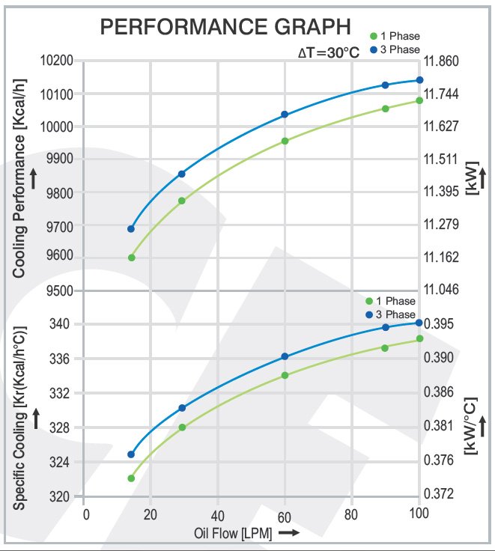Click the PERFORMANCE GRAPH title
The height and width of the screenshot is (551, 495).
(225, 28)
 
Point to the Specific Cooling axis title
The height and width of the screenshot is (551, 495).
(20, 418)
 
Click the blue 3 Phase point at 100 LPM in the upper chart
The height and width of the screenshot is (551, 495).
(419, 80)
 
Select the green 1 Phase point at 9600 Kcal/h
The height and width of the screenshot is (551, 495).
(131, 258)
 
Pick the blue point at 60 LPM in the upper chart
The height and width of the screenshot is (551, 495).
(285, 115)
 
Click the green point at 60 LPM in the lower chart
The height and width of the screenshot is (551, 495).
(285, 375)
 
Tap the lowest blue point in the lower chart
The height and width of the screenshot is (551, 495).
(131, 454)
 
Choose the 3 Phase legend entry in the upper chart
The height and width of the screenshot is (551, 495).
(395, 49)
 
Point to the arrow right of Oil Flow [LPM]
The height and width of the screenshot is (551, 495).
(288, 532)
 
